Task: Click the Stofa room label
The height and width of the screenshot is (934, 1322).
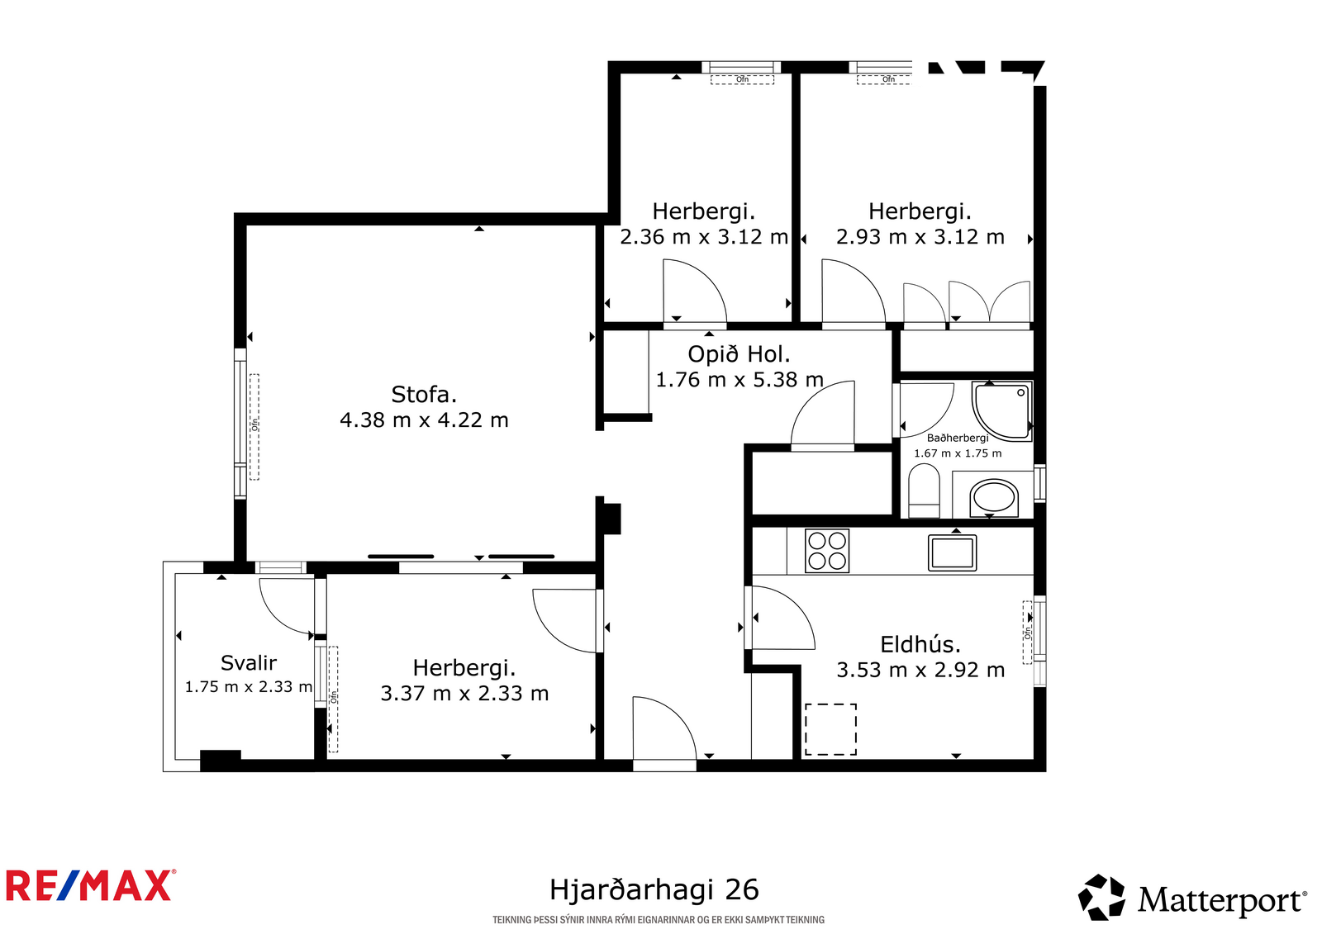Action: pyautogui.click(x=424, y=394)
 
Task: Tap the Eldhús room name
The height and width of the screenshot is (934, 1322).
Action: pyautogui.click(x=920, y=643)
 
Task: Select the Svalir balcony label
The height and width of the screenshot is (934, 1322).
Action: pyautogui.click(x=249, y=663)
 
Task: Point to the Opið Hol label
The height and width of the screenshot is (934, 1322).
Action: pyautogui.click(x=739, y=354)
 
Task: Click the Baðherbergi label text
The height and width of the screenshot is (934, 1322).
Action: pyautogui.click(x=958, y=438)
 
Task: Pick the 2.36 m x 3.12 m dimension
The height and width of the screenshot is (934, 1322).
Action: pyautogui.click(x=703, y=237)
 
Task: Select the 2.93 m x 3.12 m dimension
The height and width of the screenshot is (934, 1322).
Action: pyautogui.click(x=920, y=237)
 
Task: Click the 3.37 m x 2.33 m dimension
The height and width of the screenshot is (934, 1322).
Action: pyautogui.click(x=464, y=693)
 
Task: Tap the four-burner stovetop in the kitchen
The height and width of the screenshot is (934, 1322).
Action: pyautogui.click(x=827, y=551)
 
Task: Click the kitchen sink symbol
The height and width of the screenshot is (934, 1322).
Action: pyautogui.click(x=952, y=552)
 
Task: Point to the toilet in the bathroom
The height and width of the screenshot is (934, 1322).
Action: pyautogui.click(x=925, y=491)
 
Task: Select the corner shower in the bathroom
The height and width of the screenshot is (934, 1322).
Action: pyautogui.click(x=1003, y=411)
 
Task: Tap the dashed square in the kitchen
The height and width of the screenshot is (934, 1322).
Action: pyautogui.click(x=830, y=729)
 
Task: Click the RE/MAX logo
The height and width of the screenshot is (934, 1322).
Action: pyautogui.click(x=91, y=885)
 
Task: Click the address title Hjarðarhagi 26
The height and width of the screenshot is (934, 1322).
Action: pyautogui.click(x=654, y=889)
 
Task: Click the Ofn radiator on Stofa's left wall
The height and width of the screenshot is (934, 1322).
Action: pyautogui.click(x=254, y=427)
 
